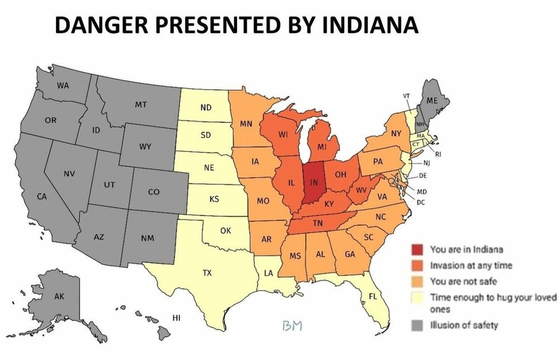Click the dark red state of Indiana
click(314, 184)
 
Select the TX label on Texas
click(207, 273)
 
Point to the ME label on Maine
click(432, 101)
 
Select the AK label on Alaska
click(59, 296)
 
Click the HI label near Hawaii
click(176, 318)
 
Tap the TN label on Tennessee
click(317, 224)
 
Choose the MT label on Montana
click(141, 105)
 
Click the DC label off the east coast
click(421, 202)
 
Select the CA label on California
click(41, 196)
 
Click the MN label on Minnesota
click(245, 124)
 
